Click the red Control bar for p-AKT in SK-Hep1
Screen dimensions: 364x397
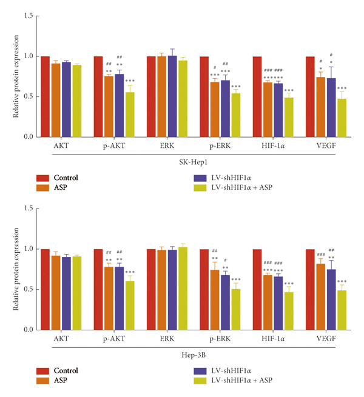pyautogui.click(x=98, y=97)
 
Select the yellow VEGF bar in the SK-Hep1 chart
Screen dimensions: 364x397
pyautogui.click(x=342, y=118)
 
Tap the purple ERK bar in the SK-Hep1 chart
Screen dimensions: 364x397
pyautogui.click(x=172, y=96)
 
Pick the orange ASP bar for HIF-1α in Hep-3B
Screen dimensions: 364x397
pyautogui.click(x=268, y=302)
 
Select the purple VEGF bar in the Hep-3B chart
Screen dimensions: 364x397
pyautogui.click(x=331, y=300)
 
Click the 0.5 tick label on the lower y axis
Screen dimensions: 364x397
pyautogui.click(x=29, y=289)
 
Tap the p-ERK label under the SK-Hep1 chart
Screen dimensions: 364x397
pyautogui.click(x=220, y=146)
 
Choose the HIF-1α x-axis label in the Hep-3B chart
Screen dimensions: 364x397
pyautogui.click(x=273, y=339)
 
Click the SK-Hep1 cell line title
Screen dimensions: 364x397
pyautogui.click(x=194, y=162)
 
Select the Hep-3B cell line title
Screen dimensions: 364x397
pyautogui.click(x=194, y=355)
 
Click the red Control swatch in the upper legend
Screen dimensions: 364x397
pyautogui.click(x=42, y=178)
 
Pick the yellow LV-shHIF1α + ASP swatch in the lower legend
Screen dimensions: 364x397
pyautogui.click(x=200, y=381)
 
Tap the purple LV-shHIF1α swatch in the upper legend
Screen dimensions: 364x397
pyautogui.click(x=200, y=178)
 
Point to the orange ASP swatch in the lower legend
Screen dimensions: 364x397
pyautogui.click(x=42, y=381)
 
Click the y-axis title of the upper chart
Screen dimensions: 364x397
pyautogui.click(x=16, y=76)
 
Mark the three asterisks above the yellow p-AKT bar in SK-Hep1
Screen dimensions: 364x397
pyautogui.click(x=130, y=81)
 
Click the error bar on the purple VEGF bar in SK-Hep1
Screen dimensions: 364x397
pyautogui.click(x=331, y=73)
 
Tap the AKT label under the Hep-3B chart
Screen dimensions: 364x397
pyautogui.click(x=61, y=339)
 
